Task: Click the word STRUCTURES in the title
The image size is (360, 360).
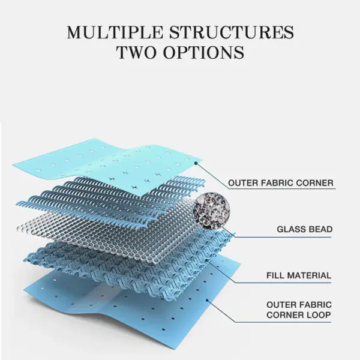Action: [x=232, y=32]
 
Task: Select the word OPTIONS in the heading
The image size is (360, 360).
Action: [x=203, y=52]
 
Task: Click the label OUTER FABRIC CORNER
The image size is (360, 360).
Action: [x=281, y=183]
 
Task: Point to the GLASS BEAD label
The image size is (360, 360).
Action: [x=305, y=229]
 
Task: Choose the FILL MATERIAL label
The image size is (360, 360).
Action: [x=299, y=275]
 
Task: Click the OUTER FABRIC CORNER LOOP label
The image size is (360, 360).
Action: [x=299, y=310]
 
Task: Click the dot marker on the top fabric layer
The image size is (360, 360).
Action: [x=196, y=163]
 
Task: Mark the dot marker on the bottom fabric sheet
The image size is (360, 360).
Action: [x=207, y=300]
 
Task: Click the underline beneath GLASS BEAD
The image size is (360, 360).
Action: [x=283, y=237]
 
